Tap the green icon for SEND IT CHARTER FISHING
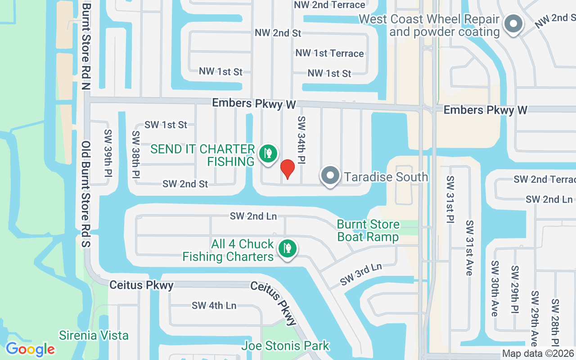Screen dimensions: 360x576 point(268,153)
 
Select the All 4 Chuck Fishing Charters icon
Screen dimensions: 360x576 point(287,248)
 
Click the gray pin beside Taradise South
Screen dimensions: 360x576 point(331,176)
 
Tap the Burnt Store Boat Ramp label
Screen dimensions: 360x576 point(368,230)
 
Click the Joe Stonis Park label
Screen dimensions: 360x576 point(285,346)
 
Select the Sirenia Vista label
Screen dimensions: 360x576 point(94,335)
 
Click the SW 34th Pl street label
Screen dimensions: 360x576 point(301,140)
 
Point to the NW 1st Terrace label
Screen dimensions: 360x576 point(329,53)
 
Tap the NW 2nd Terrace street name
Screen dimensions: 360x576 point(329,5)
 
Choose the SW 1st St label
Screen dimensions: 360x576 point(166,125)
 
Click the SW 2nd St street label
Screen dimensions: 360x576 point(185,184)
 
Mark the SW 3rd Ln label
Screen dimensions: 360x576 point(361,274)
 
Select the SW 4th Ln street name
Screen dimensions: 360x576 point(214,306)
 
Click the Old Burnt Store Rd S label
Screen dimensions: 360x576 point(86,194)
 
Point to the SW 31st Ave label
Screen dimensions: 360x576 point(469,247)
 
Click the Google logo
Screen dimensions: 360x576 point(30,349)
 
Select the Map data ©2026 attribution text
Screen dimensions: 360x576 point(538,354)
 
